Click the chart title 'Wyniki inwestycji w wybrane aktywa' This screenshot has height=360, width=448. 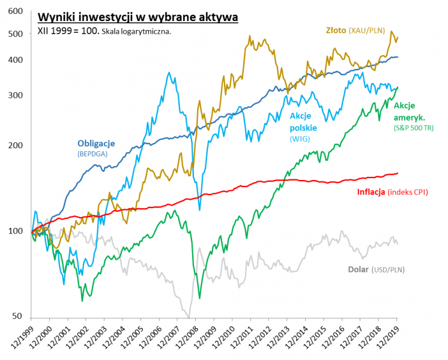pos(138,16)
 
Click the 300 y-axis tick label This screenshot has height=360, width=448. pos(16,95)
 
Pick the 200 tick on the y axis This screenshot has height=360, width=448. pos(16,145)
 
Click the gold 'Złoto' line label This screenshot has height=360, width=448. pos(339,30)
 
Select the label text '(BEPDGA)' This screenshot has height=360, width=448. pos(92,154)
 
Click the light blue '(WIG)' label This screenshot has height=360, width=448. pos(300,139)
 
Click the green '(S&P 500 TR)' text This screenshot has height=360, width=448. pos(413,128)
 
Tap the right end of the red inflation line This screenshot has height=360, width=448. pos(398,173)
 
